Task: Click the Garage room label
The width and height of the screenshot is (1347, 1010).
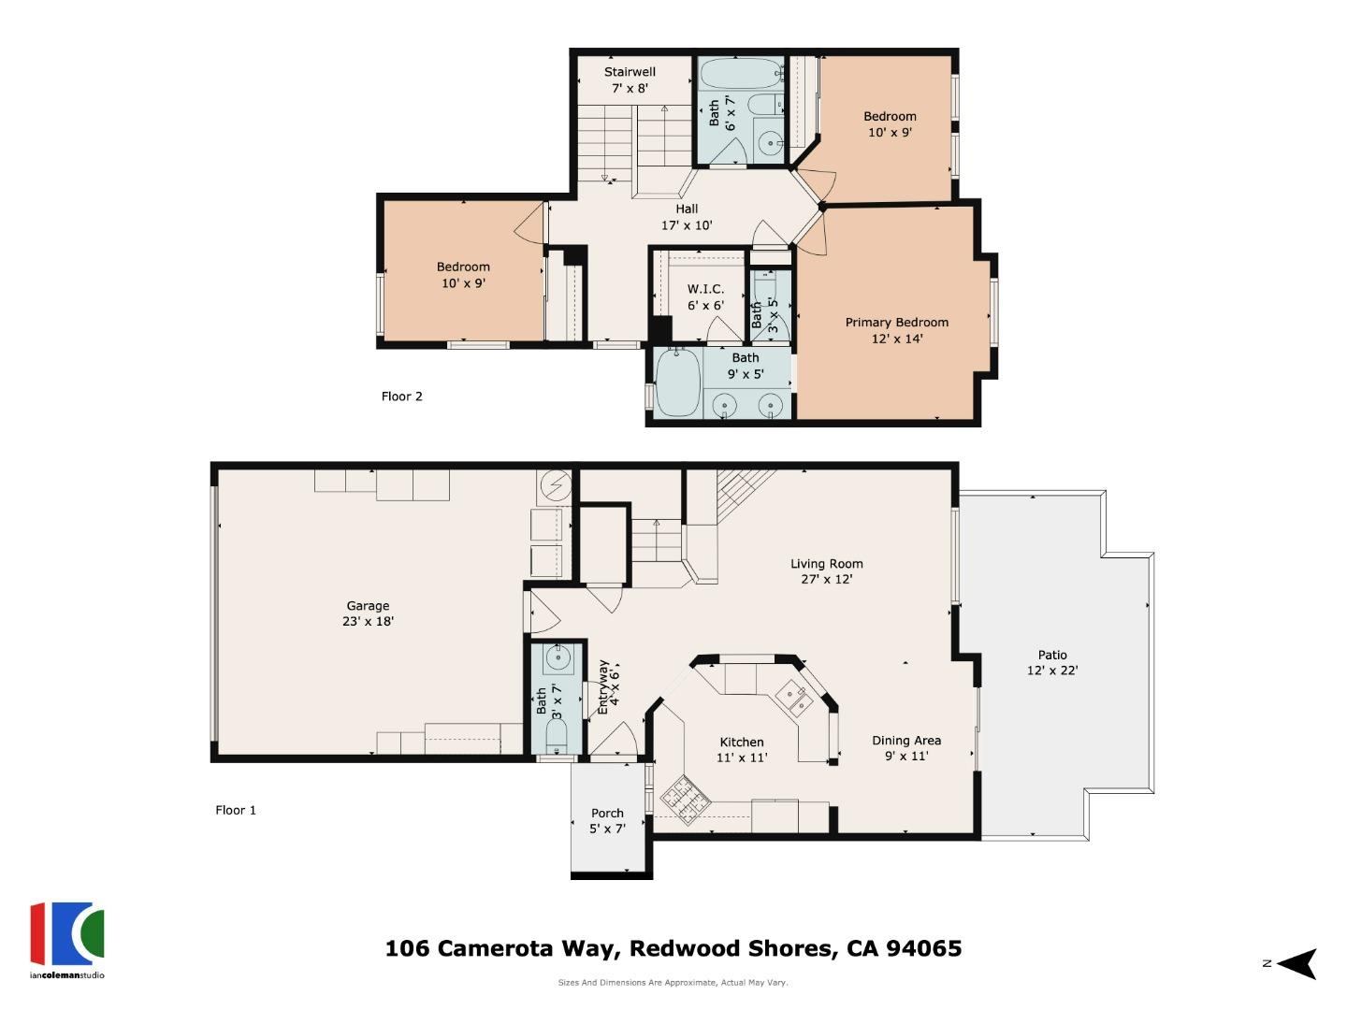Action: pos(368,613)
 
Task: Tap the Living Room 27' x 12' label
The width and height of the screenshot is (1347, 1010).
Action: pos(826,570)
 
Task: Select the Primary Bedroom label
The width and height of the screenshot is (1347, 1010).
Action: pos(896,330)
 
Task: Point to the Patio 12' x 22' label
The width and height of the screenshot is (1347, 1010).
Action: pos(1051,662)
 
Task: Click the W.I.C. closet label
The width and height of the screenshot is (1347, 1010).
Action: pos(705,296)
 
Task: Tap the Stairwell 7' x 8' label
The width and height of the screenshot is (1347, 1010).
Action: pos(630,79)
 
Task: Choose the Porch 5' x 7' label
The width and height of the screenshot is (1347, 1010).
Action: pos(607,820)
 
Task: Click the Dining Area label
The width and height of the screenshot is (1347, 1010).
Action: pos(906,747)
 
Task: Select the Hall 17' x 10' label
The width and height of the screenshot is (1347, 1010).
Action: pos(687,217)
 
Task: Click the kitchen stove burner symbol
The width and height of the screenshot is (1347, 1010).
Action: pos(685,797)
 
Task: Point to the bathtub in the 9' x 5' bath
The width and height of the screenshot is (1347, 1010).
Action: pos(677,383)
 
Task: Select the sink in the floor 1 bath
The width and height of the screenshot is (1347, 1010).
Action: pos(558,658)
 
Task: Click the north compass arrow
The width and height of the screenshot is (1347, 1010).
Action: pos(1296,963)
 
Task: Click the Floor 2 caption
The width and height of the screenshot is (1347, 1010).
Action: pos(401,397)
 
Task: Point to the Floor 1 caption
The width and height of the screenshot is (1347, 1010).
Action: pos(236,810)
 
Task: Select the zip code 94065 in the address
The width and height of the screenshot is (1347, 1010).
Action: pos(923,948)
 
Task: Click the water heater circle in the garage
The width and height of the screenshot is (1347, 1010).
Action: pos(554,485)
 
